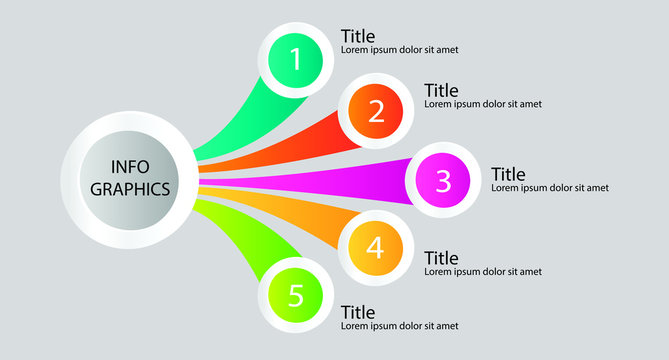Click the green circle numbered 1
coord(296,59)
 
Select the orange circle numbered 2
coord(376,111)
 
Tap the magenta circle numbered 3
coord(443,181)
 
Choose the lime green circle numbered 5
coord(295,296)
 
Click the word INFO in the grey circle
coord(130,167)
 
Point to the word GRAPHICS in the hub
coord(130,188)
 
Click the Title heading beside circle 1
coord(358,37)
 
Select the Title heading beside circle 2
coord(441,91)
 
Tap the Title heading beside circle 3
coord(508,175)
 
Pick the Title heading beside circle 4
coord(441,259)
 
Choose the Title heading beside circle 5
coord(358,313)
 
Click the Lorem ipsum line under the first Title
coord(400,50)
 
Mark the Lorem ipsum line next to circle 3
coord(550,188)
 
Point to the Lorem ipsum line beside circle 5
coord(400,326)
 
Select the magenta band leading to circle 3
coord(330,180)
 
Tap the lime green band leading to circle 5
coord(240,235)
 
